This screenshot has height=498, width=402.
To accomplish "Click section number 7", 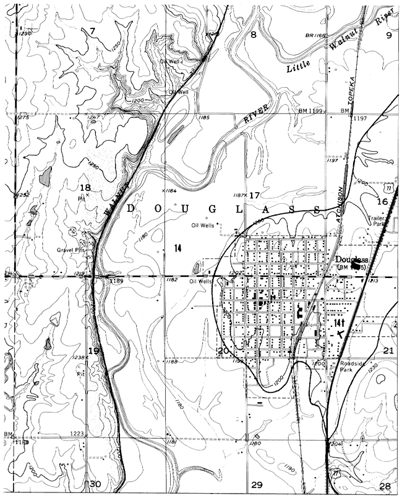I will tap(93, 31).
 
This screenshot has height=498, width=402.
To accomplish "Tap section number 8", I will tap(252, 35).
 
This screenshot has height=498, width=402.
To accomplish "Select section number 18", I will tap(85, 187).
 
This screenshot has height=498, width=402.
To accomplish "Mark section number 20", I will tap(223, 351).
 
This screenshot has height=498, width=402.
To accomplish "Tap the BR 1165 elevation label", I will tap(315, 36).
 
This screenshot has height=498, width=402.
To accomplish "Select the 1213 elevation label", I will tap(373, 281).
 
